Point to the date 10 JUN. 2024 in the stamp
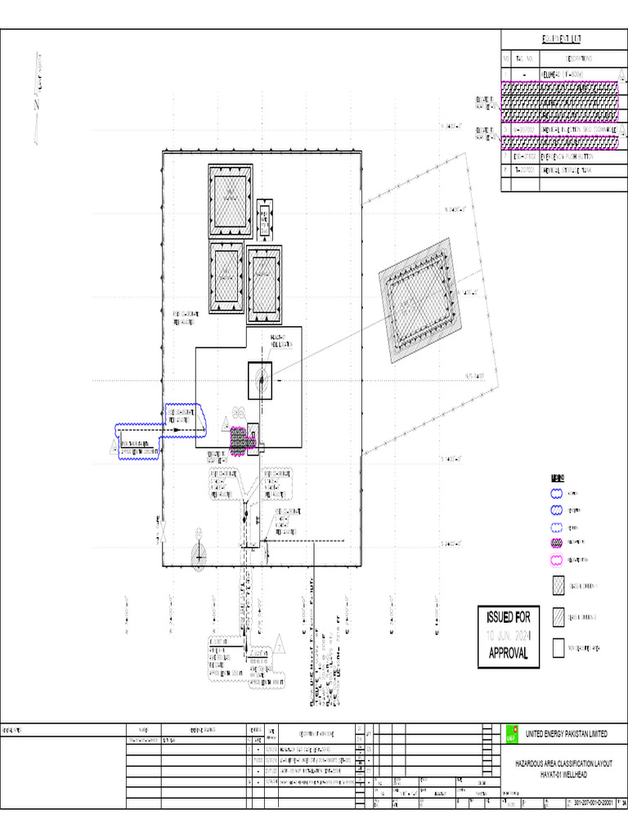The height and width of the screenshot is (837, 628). point(509,634)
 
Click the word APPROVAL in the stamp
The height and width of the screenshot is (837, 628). point(509,653)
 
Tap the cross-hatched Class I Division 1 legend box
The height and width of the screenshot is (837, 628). point(558,586)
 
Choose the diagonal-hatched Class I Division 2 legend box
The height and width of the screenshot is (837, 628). point(558,617)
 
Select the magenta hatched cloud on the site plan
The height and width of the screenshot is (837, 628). point(238,441)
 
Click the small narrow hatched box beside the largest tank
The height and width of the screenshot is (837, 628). point(265,217)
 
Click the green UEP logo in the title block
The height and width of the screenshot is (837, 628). point(512,734)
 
